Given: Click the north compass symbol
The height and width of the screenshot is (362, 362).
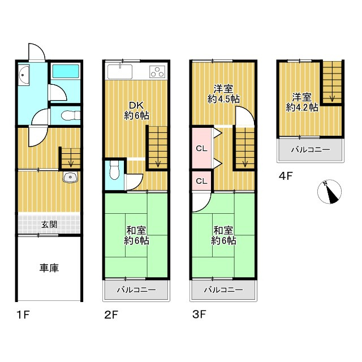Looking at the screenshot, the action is point(329,192).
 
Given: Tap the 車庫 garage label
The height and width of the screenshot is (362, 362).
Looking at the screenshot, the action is point(49,268).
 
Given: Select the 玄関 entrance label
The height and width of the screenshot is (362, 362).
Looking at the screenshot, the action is point(49,224).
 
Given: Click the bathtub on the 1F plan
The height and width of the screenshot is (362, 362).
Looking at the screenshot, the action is point(66,71).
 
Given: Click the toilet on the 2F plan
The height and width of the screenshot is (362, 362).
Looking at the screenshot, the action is point(114,170).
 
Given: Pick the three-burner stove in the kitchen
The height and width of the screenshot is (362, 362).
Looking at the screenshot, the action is point(157,72).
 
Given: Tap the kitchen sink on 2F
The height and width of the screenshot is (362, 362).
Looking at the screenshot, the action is point(120,71).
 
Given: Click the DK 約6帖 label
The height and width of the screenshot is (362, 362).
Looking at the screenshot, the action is point(137,110).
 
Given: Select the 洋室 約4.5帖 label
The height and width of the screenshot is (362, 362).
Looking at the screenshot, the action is point(223,94).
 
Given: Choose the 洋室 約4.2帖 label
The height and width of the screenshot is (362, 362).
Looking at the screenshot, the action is point(302,102).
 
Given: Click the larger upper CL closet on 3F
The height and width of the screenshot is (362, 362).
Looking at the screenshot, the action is point(201,148).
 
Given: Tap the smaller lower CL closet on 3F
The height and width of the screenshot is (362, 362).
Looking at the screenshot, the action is point(201,181).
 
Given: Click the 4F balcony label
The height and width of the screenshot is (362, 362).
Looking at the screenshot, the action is point(311,150).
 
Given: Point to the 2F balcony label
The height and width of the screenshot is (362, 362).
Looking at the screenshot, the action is point(136,290).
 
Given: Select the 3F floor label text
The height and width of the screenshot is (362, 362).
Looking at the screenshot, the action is point(199,314).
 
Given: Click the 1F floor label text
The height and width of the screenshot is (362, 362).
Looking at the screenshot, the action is point(24,314).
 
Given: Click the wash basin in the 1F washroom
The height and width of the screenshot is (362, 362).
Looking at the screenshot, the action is point(24,75).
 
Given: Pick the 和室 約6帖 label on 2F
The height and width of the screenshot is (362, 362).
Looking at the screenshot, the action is point(136,235).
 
